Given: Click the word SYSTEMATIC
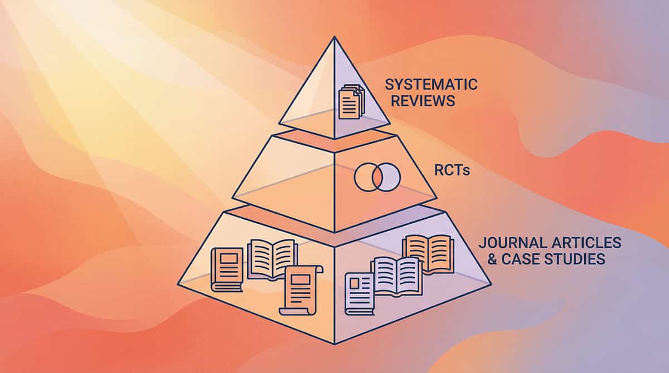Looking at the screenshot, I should pos(431,85).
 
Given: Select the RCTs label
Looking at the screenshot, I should pos(452,171).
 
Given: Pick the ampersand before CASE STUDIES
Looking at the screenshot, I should pos(484,259).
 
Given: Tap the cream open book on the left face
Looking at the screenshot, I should pos(272,258).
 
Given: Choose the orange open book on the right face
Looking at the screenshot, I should pos(428,253).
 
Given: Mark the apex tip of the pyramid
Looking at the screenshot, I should pos(334,37).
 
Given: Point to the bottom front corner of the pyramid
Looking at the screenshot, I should pos(334,343).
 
